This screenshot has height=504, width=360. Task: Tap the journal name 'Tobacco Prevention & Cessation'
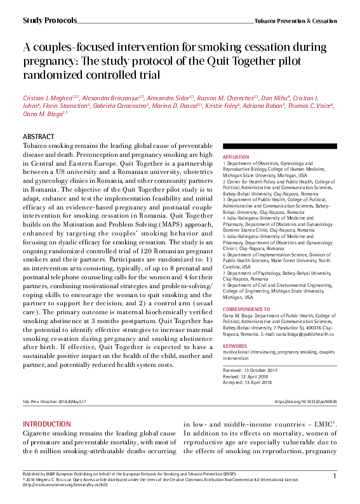tap(295, 21)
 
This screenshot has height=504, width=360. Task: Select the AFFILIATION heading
tap(236, 156)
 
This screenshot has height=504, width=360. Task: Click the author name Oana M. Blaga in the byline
tap(43, 114)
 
